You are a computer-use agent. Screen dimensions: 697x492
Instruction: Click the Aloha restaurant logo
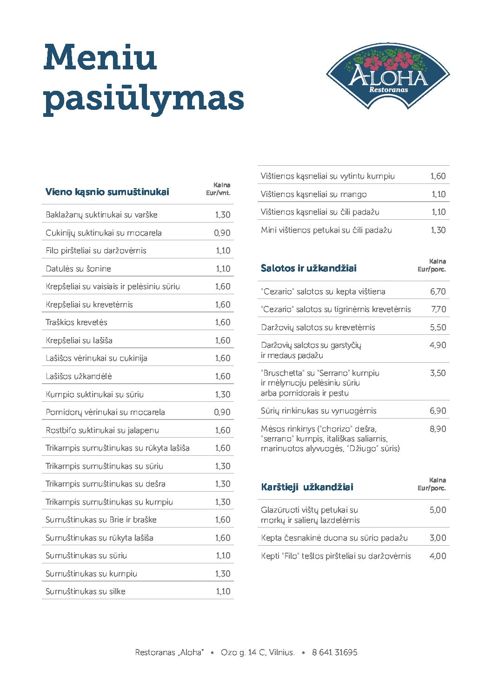388,75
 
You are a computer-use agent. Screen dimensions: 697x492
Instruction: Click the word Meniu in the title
100,57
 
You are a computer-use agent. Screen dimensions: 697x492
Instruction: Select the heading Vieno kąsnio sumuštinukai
107,192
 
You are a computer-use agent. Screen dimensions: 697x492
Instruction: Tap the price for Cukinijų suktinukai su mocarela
222,233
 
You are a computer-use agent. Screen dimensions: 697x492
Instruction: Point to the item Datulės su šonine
78,269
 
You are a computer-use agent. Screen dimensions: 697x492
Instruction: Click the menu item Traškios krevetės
76,322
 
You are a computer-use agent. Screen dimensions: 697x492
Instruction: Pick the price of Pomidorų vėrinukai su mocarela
222,412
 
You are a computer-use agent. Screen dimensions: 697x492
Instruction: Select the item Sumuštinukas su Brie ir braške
101,520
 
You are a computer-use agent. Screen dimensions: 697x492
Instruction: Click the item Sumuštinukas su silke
86,591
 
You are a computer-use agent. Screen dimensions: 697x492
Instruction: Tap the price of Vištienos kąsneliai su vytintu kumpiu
438,176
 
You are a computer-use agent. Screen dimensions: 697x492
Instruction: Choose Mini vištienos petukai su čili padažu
326,230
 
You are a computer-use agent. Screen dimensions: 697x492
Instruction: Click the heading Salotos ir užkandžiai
309,268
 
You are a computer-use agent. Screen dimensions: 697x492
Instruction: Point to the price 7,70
438,309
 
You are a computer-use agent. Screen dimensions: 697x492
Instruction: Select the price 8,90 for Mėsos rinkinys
438,429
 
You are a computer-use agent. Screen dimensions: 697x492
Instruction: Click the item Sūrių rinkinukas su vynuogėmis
319,411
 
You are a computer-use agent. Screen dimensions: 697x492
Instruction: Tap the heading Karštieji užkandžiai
307,487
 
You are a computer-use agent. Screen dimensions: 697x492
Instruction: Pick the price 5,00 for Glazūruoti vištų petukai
438,510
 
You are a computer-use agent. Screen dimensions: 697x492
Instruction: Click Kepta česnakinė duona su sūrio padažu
334,538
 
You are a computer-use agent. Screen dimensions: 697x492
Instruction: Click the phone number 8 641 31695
335,652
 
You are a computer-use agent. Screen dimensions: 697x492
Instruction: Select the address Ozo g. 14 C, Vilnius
258,652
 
